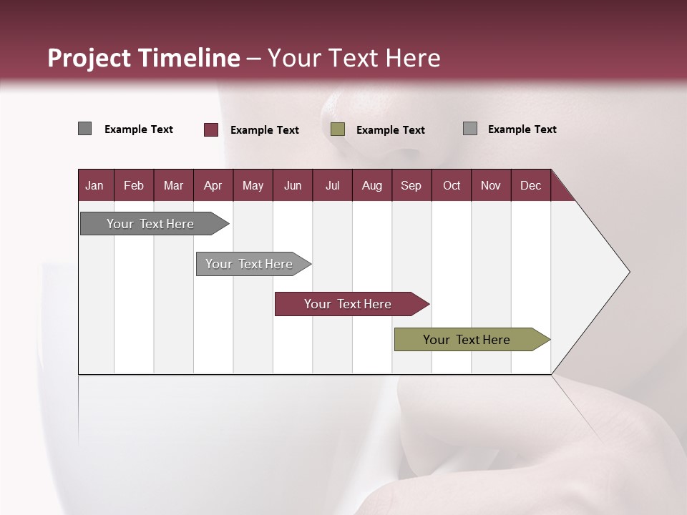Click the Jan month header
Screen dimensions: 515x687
(x=94, y=185)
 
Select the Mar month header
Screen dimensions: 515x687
(x=173, y=185)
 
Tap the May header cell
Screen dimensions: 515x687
(x=253, y=185)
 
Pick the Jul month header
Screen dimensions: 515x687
(x=332, y=185)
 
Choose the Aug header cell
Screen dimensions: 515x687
(x=371, y=185)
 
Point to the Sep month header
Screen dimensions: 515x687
(x=411, y=185)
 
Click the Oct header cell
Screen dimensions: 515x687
(x=452, y=185)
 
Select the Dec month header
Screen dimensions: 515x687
(x=530, y=185)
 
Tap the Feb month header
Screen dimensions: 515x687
(x=134, y=185)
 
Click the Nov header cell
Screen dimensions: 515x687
(x=491, y=185)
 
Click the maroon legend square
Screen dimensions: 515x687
(x=211, y=129)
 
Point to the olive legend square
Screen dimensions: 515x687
(x=338, y=129)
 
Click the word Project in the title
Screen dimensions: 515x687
(x=89, y=58)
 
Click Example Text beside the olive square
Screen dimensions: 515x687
(x=391, y=130)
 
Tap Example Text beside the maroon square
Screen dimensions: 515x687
(x=265, y=130)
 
